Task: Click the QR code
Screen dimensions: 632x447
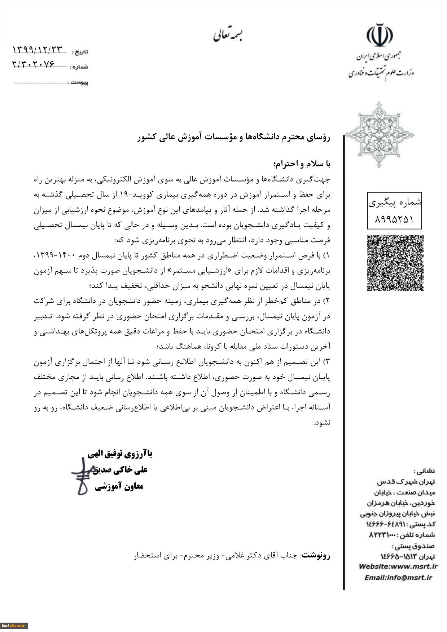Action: pos(395,263)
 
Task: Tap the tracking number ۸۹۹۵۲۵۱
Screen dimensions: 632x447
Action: pos(394,219)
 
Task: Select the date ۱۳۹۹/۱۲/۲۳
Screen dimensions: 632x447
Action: pos(38,50)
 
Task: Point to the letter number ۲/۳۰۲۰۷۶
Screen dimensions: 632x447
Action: pos(34,64)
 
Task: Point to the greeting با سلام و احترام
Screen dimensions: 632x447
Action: pos(302,164)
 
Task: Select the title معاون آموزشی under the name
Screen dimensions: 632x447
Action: pos(119,487)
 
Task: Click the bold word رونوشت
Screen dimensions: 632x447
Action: pos(316,556)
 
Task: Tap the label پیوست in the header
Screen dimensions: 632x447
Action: pos(79,83)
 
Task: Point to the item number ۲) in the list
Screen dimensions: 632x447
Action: pos(327,301)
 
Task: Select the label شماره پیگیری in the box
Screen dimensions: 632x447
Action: pos(395,202)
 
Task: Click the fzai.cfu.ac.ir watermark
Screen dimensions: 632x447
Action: pos(14,626)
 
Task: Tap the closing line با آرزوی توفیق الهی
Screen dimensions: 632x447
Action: pos(120,454)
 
